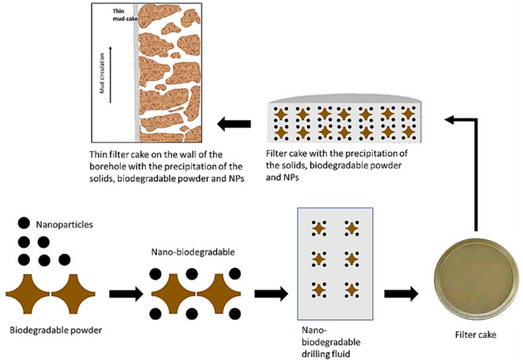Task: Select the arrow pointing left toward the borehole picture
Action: (235, 123)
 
